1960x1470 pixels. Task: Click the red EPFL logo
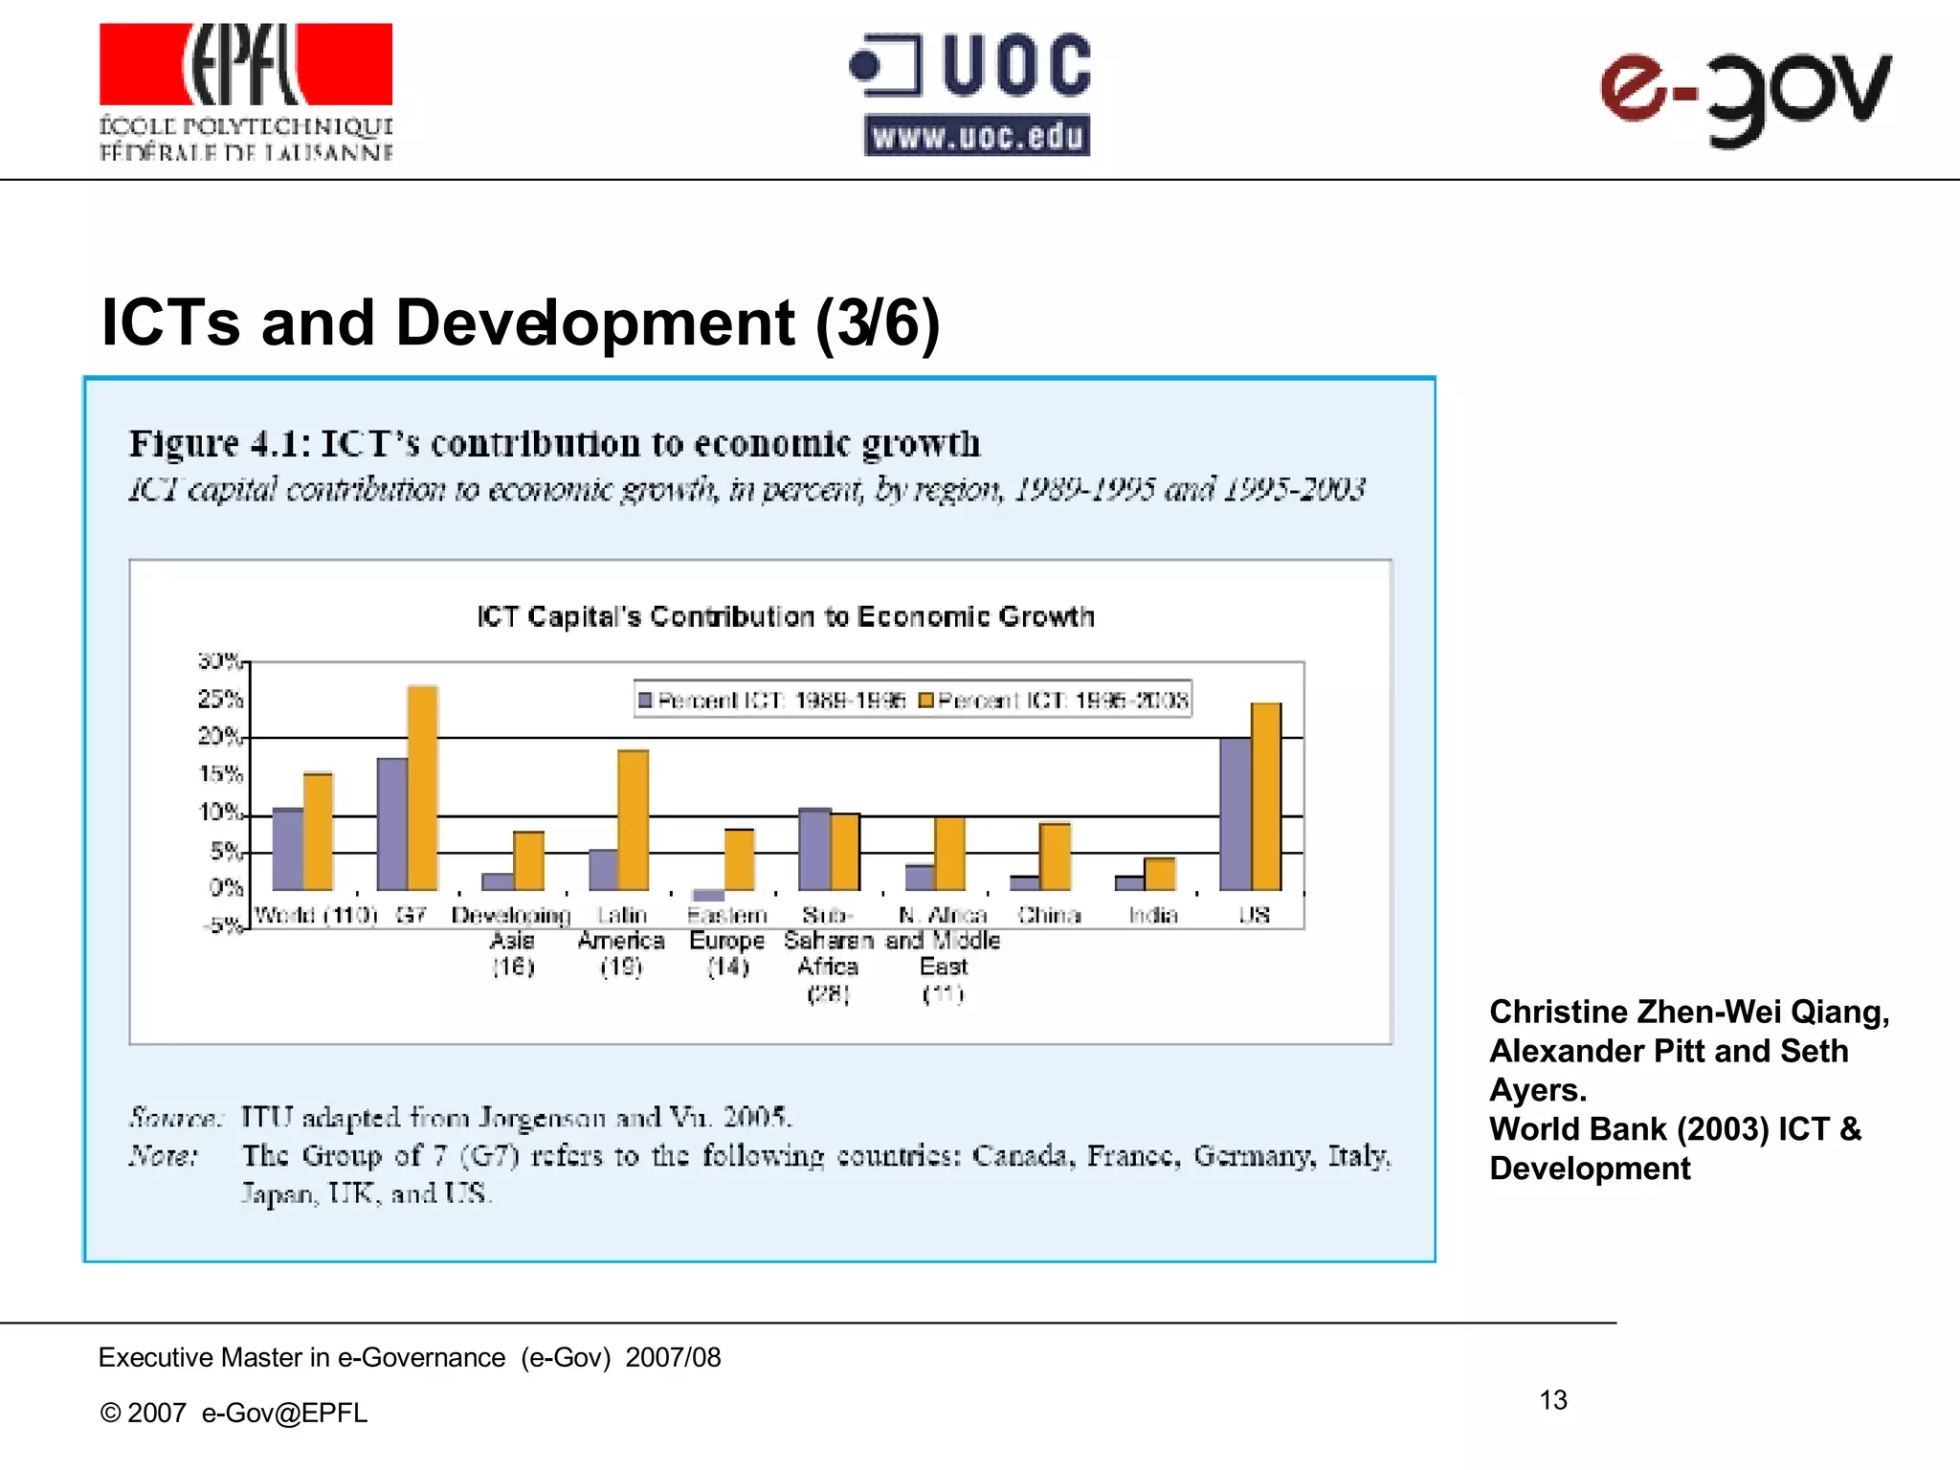click(246, 64)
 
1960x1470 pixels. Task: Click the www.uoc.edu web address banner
click(977, 136)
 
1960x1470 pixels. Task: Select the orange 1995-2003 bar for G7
click(423, 788)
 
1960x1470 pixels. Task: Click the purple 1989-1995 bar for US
click(1235, 813)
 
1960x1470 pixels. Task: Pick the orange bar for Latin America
click(633, 820)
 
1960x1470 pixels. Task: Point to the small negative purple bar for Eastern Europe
click(709, 896)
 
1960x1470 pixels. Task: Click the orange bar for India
click(1160, 874)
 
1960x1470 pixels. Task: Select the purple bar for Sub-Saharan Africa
click(814, 850)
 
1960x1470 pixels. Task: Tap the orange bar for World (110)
click(318, 832)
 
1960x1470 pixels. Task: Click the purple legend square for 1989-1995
click(645, 701)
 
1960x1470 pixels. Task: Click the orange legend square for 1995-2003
click(925, 701)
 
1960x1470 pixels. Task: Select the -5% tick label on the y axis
click(221, 925)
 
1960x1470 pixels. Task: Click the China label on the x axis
click(1049, 915)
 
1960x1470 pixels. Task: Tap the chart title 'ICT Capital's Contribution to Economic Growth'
click(785, 616)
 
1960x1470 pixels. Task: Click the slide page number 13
click(1553, 1400)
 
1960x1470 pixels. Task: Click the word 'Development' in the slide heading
click(593, 323)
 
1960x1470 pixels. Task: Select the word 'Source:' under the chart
click(175, 1117)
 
